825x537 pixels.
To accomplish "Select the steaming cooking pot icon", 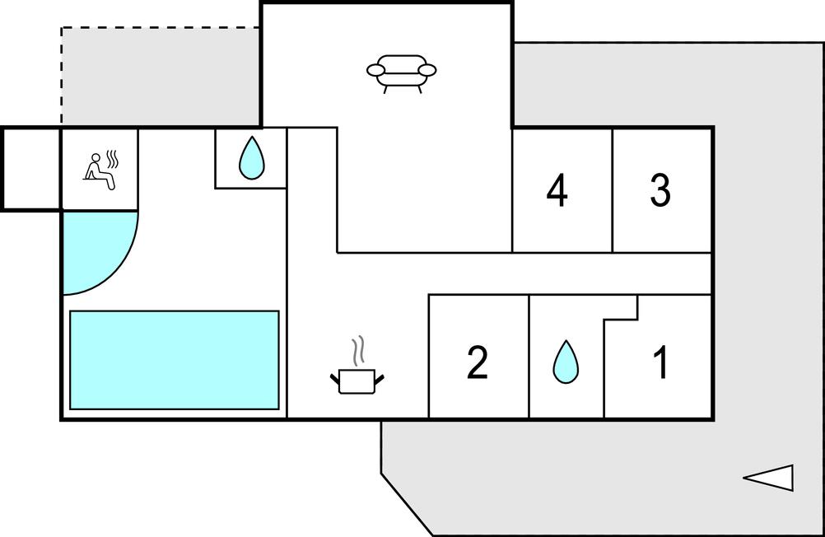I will [357, 381].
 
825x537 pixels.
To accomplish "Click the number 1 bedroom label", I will [660, 362].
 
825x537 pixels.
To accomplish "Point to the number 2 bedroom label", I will [478, 362].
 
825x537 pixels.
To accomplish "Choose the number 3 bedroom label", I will [660, 190].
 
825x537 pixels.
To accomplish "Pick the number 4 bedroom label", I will [557, 190].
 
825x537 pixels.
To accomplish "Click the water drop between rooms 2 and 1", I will [565, 362].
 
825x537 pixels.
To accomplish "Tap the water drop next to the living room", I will [251, 158].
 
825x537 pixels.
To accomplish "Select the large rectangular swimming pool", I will [175, 360].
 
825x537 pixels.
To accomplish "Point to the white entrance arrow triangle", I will [770, 478].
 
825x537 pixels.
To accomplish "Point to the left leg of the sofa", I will [386, 88].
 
